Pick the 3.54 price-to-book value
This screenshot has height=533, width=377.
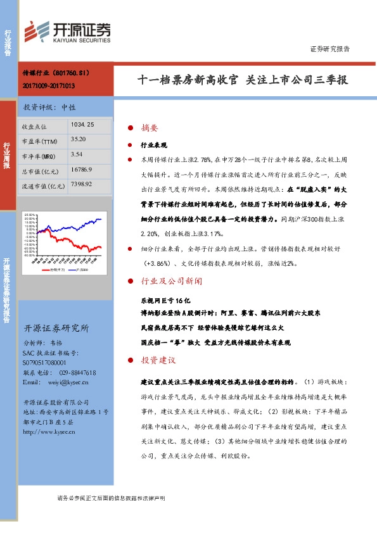pos(77,154)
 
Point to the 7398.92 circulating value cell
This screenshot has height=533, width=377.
pos(83,184)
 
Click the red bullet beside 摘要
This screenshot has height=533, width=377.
pos(131,127)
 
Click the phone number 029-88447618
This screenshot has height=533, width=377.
pos(73,373)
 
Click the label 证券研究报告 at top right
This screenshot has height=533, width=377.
pos(329,49)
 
